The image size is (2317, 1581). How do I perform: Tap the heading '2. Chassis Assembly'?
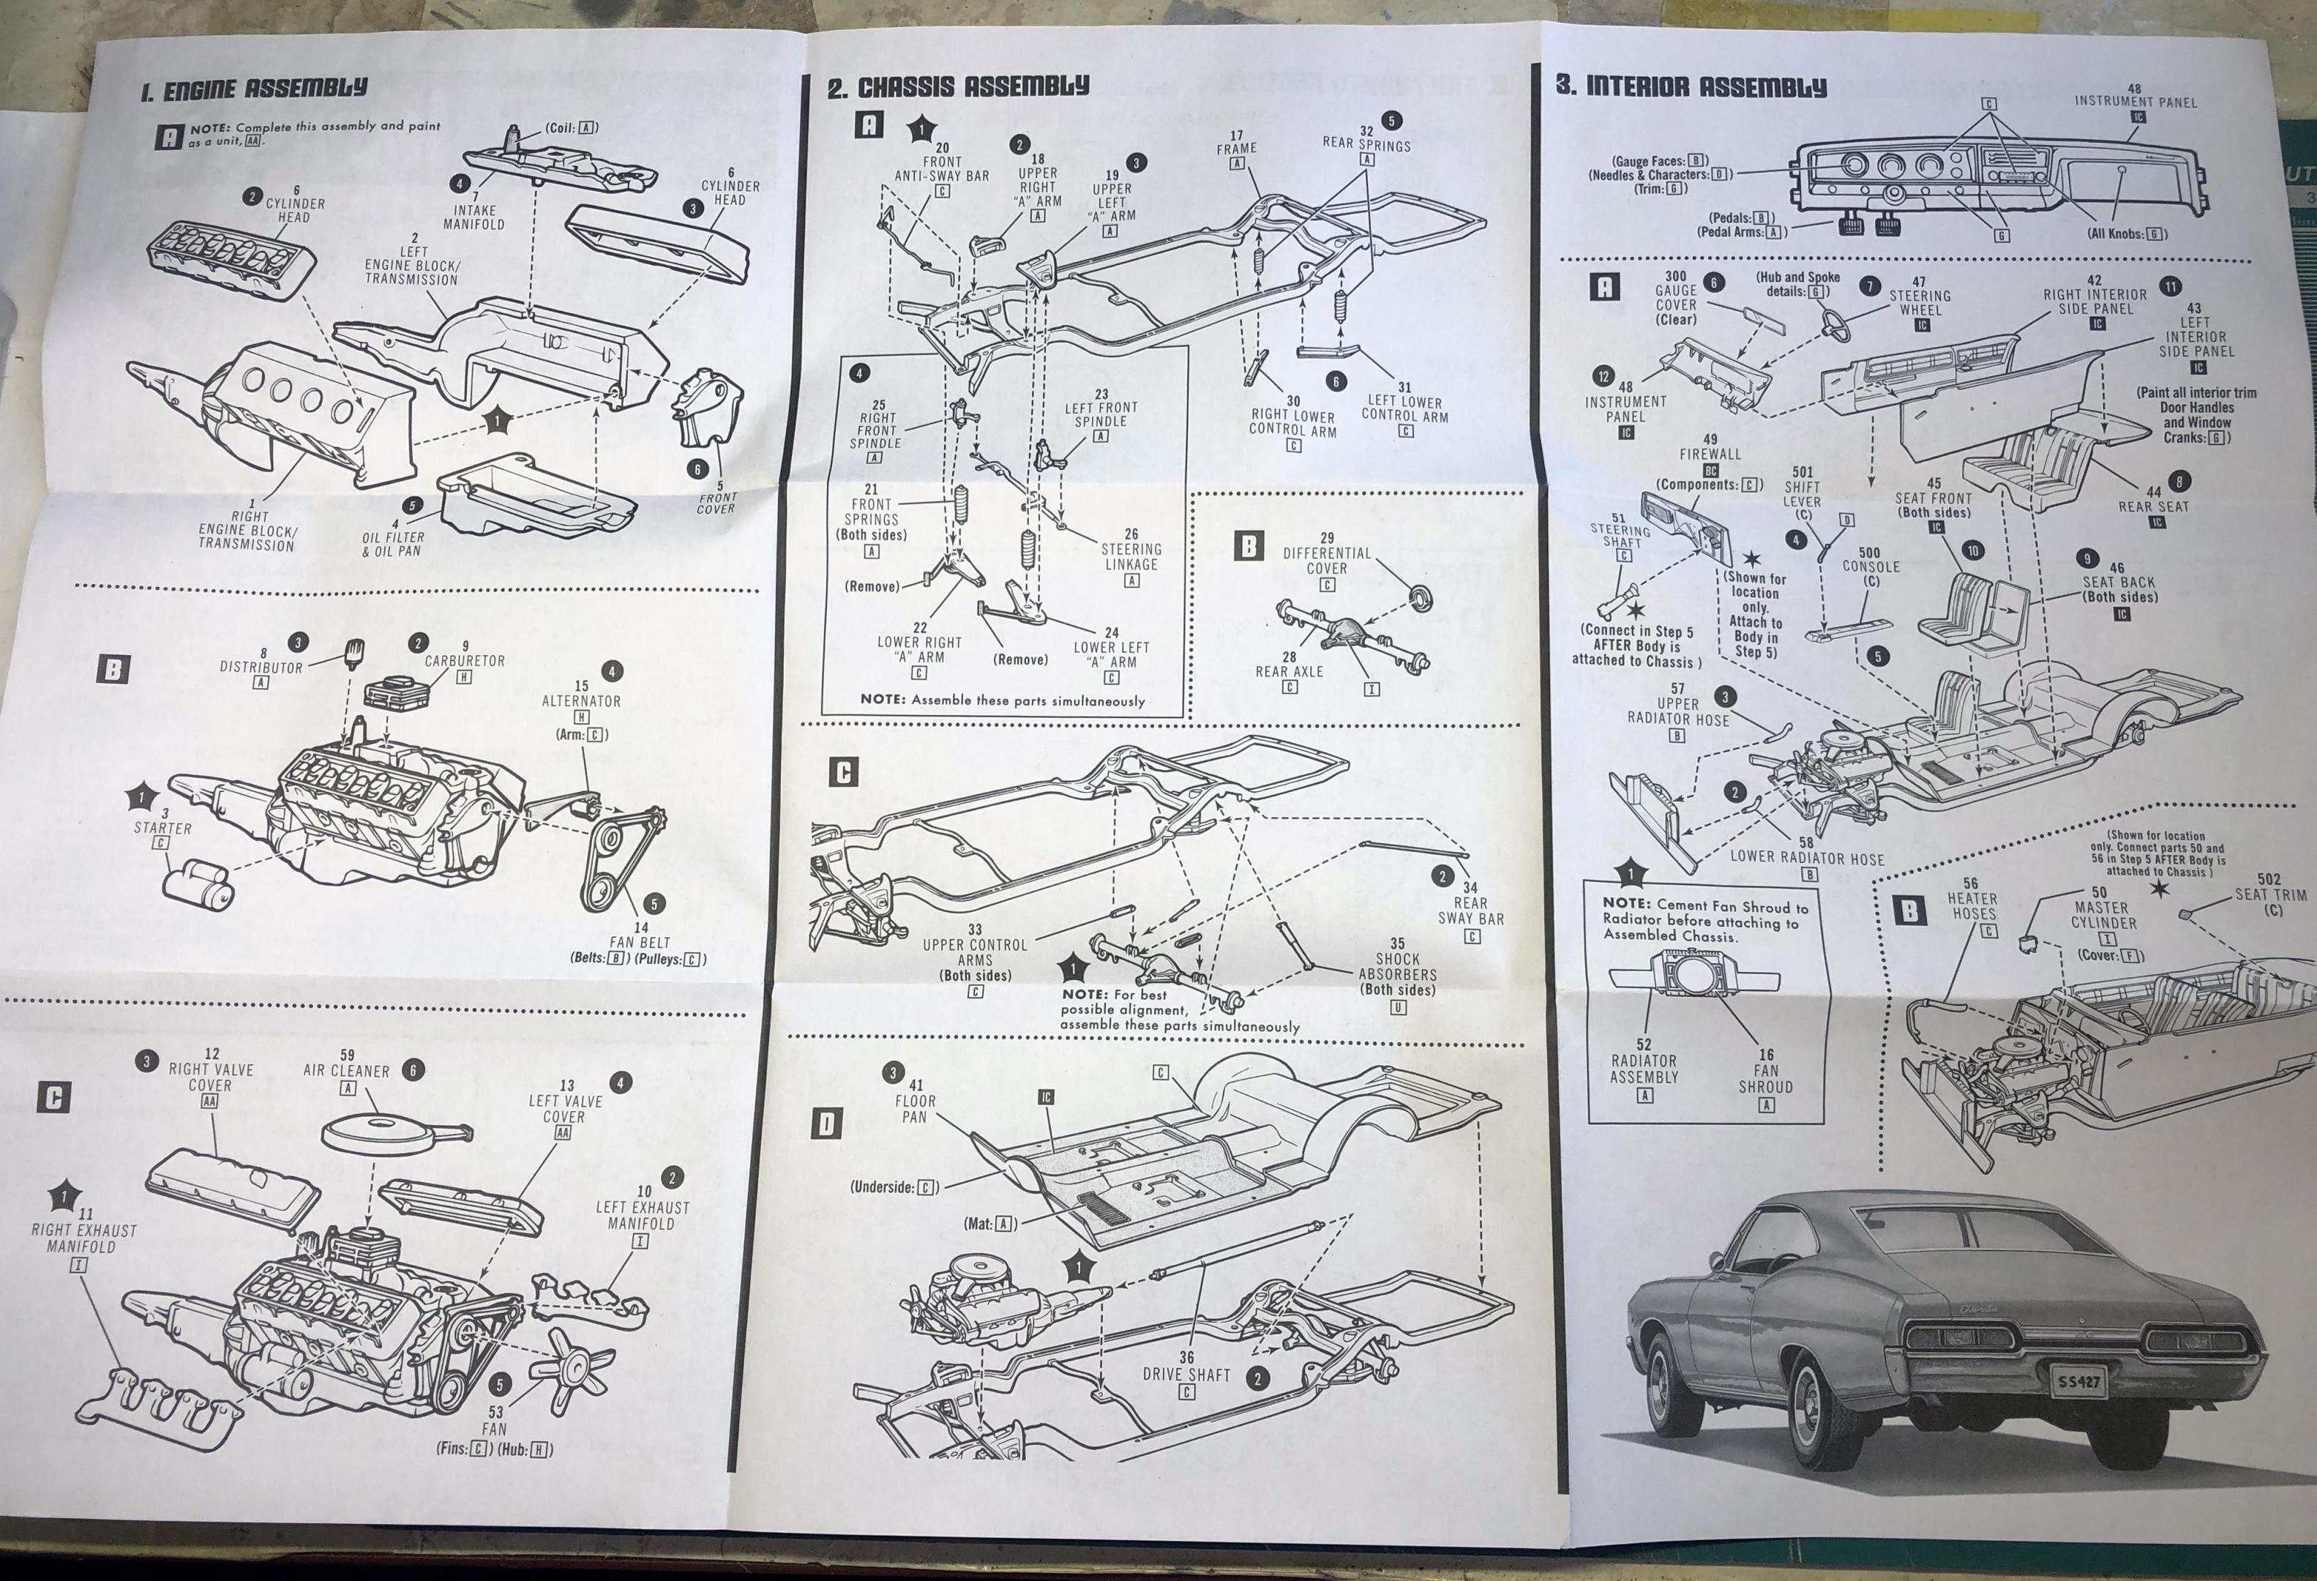(957, 86)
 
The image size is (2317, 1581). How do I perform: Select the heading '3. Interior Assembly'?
(1691, 86)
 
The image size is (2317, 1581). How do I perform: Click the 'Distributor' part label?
(261, 667)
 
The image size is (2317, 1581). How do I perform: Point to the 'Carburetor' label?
(465, 660)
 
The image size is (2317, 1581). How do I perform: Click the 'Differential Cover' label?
(1327, 560)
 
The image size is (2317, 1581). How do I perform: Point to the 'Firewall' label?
(1710, 454)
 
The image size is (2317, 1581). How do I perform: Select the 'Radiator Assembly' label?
(1644, 1069)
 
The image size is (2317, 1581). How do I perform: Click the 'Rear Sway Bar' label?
(1470, 910)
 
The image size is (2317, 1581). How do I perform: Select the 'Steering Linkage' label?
(1131, 556)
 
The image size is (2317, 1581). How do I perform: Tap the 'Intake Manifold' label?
(473, 217)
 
